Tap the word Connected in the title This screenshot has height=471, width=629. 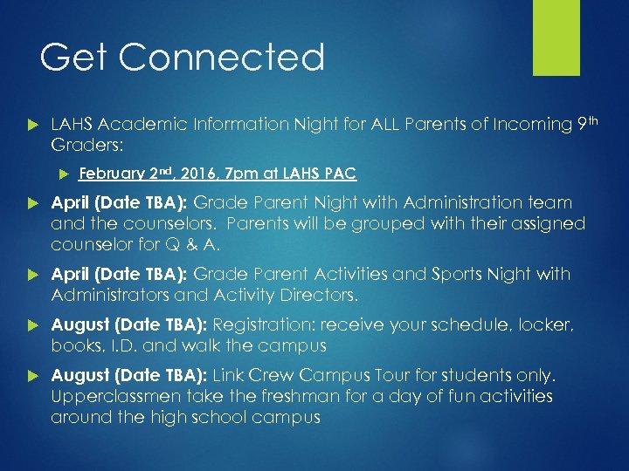click(221, 58)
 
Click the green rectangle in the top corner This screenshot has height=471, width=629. click(556, 38)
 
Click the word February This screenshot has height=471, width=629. click(110, 174)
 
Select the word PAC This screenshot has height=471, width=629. click(339, 174)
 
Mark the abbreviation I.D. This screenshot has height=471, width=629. click(122, 346)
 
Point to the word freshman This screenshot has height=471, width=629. click(294, 397)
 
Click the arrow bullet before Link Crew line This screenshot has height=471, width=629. click(34, 376)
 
